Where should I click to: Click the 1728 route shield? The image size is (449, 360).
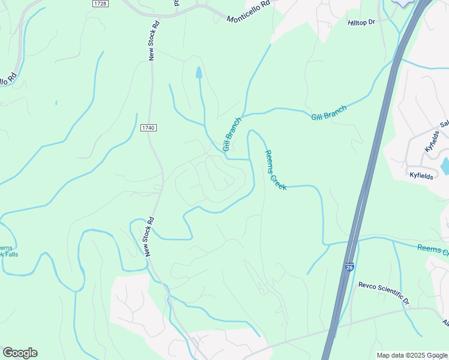[x=100, y=4]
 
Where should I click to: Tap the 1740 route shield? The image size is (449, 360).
[x=149, y=128]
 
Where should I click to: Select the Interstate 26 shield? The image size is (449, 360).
[x=349, y=268]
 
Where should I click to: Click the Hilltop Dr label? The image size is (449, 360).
[x=361, y=22]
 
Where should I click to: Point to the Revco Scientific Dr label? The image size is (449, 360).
[x=384, y=293]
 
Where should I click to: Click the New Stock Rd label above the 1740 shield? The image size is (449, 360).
[x=154, y=40]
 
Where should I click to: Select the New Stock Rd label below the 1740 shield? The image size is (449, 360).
[x=149, y=236]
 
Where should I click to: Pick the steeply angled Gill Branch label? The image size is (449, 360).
[x=232, y=134]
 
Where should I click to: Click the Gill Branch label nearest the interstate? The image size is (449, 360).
[x=328, y=112]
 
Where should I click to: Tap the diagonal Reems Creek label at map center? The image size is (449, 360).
[x=276, y=170]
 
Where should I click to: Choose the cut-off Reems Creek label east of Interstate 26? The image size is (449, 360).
[x=432, y=250]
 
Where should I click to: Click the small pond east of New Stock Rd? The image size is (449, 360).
[x=199, y=73]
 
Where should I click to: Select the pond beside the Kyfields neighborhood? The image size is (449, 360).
[x=445, y=166]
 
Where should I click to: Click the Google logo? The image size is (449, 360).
[x=20, y=353]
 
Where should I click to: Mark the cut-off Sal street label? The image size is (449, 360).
[x=444, y=124]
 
